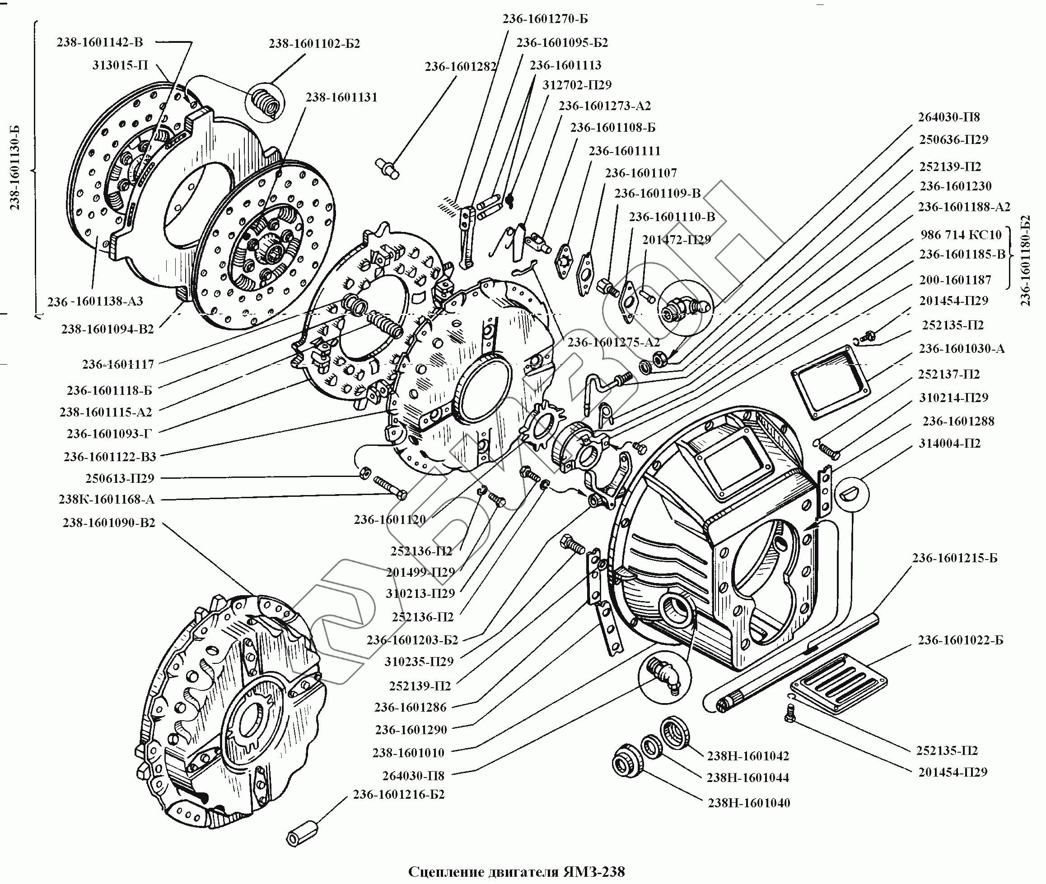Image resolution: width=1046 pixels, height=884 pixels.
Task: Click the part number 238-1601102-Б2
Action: (314, 44)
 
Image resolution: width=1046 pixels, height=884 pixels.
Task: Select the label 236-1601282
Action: (460, 67)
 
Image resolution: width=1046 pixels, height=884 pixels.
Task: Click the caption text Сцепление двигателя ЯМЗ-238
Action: (517, 871)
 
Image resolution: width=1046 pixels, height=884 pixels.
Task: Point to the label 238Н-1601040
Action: (749, 803)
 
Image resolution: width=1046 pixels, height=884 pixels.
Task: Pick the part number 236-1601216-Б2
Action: (399, 794)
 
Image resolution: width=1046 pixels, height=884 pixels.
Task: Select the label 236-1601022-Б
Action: (960, 640)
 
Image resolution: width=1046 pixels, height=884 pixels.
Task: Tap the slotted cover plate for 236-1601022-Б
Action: (838, 683)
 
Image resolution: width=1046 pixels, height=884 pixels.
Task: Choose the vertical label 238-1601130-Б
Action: (15, 167)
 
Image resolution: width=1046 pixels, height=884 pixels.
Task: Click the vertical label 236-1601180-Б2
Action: (1025, 260)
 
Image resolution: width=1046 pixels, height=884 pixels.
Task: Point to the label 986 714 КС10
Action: (961, 235)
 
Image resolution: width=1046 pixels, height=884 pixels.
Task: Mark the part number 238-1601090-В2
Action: (109, 523)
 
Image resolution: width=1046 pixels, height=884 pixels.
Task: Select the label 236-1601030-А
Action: (961, 349)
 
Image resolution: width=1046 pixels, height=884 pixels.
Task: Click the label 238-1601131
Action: (341, 97)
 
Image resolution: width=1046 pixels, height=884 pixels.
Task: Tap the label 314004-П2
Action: (949, 443)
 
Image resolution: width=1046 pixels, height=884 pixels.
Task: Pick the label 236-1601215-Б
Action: (955, 558)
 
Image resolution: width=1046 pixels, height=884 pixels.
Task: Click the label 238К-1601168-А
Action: (107, 499)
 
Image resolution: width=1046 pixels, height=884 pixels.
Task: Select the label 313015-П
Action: (120, 65)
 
